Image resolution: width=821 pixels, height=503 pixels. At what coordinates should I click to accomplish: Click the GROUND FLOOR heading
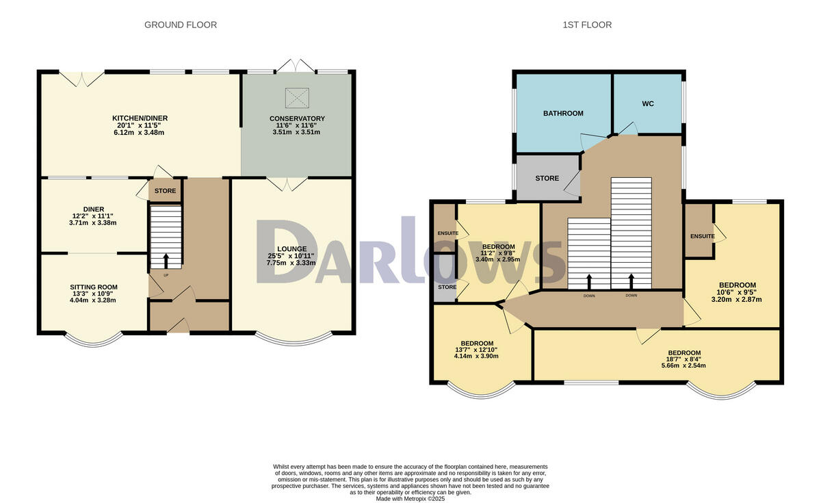pos(181,25)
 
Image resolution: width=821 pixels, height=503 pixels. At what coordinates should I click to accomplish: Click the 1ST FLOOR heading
pos(587,25)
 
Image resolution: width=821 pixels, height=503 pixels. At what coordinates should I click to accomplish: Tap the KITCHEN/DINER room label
pos(140,118)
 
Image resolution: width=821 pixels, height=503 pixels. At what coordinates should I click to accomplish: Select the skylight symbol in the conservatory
pos(296,98)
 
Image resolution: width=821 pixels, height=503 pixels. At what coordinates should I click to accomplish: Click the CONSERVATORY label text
pos(297,118)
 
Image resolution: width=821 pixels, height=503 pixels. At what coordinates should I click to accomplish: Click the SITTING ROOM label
pos(94,287)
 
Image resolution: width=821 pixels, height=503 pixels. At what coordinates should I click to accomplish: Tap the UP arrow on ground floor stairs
pos(166,260)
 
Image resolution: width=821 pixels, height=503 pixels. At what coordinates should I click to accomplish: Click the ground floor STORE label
pos(165,191)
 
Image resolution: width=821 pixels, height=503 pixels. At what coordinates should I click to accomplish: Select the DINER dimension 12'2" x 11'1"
pos(94,216)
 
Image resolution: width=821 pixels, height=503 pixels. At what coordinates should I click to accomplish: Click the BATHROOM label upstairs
pos(563,114)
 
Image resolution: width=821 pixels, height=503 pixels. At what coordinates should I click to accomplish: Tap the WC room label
pos(648,104)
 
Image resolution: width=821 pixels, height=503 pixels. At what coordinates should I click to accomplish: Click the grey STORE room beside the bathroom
pos(547,178)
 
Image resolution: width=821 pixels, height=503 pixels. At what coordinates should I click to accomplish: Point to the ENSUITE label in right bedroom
pos(702,236)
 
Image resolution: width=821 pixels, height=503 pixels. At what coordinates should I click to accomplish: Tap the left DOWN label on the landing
pos(589,296)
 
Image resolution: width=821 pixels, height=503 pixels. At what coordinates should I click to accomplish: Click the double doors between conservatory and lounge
pos(287,183)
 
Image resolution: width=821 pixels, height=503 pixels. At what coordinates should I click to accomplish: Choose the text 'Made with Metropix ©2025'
pos(410,499)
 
